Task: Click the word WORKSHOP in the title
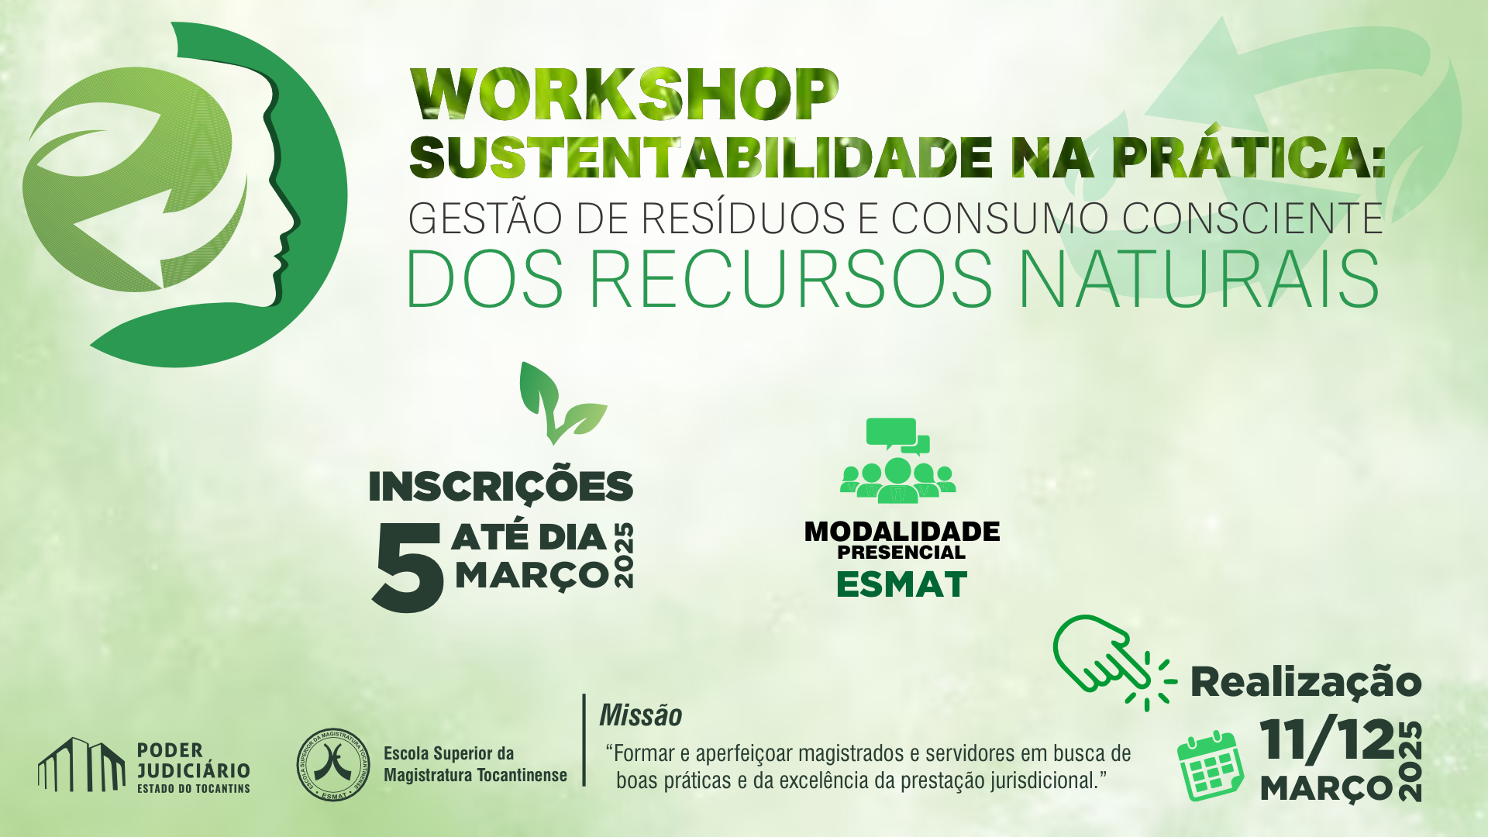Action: click(x=625, y=95)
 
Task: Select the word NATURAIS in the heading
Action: click(x=1199, y=278)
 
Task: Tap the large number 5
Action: click(x=408, y=567)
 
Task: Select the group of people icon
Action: click(x=897, y=460)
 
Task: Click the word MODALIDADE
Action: click(x=902, y=532)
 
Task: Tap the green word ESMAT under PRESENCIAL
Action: click(x=902, y=584)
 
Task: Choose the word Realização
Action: click(x=1306, y=683)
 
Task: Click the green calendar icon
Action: click(x=1211, y=765)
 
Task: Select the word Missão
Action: click(x=640, y=715)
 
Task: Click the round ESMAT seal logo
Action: click(x=334, y=765)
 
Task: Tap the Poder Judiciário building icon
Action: click(x=81, y=764)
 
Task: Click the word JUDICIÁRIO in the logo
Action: click(x=194, y=770)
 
